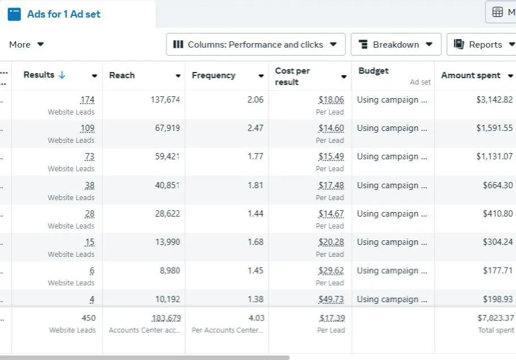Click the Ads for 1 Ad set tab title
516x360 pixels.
pyautogui.click(x=64, y=14)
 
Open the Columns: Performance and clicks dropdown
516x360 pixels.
pyautogui.click(x=255, y=44)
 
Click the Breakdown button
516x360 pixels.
pyautogui.click(x=396, y=44)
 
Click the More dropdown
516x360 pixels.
pyautogui.click(x=26, y=44)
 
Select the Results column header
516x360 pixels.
pyautogui.click(x=39, y=75)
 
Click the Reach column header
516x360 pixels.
pyautogui.click(x=122, y=75)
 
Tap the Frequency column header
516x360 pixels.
pyautogui.click(x=213, y=75)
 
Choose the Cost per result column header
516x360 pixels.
pyautogui.click(x=292, y=76)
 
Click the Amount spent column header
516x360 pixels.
pyautogui.click(x=471, y=75)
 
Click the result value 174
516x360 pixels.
pyautogui.click(x=87, y=100)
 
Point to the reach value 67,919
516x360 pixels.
pyautogui.click(x=167, y=128)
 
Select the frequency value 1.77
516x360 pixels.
pyautogui.click(x=255, y=156)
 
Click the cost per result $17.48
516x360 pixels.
pyautogui.click(x=331, y=185)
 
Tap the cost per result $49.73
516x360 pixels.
pyautogui.click(x=331, y=299)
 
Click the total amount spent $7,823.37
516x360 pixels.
pyautogui.click(x=496, y=318)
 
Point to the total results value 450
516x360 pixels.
pyautogui.click(x=88, y=318)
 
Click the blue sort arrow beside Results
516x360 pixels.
pyautogui.click(x=62, y=75)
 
